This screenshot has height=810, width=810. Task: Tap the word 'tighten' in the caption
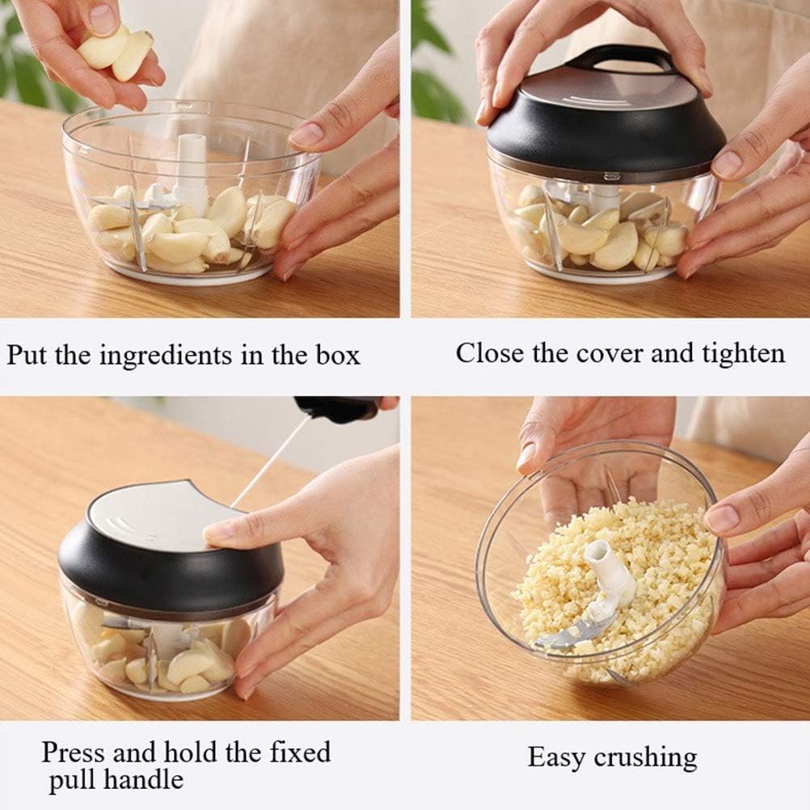(x=736, y=353)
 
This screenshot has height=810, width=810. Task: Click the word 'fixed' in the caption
(x=300, y=752)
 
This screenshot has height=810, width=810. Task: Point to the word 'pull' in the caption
(x=71, y=782)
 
